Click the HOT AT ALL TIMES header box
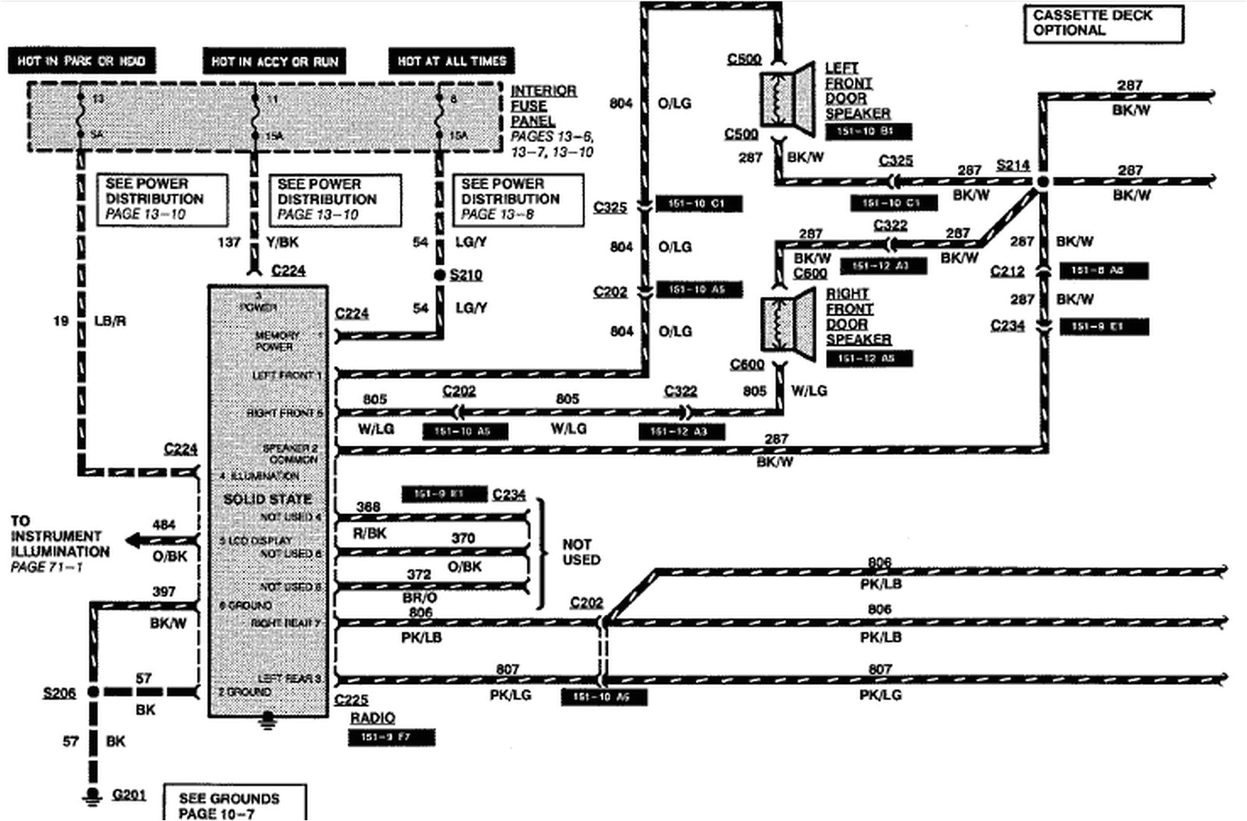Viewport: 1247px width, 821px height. pyautogui.click(x=451, y=61)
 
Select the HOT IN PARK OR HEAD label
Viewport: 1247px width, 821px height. pyautogui.click(x=81, y=61)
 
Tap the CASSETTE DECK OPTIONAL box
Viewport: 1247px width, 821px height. pyautogui.click(x=1102, y=23)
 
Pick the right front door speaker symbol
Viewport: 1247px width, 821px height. pyautogui.click(x=788, y=322)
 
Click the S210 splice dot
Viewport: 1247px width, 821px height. pyautogui.click(x=440, y=276)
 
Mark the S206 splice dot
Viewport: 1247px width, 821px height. pyautogui.click(x=92, y=692)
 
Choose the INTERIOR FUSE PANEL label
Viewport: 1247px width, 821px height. pyautogui.click(x=543, y=106)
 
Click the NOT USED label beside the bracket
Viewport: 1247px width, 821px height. pyautogui.click(x=581, y=551)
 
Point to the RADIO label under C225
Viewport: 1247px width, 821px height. pyautogui.click(x=373, y=717)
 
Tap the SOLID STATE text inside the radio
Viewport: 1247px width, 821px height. pyautogui.click(x=267, y=499)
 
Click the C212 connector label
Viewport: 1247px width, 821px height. pyautogui.click(x=1007, y=271)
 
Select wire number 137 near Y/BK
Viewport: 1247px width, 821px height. pyautogui.click(x=228, y=242)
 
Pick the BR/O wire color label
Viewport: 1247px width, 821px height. pyautogui.click(x=419, y=597)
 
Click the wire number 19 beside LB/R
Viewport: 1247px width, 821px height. pyautogui.click(x=61, y=320)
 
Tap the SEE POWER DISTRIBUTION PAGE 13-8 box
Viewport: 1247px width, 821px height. pyautogui.click(x=518, y=199)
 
